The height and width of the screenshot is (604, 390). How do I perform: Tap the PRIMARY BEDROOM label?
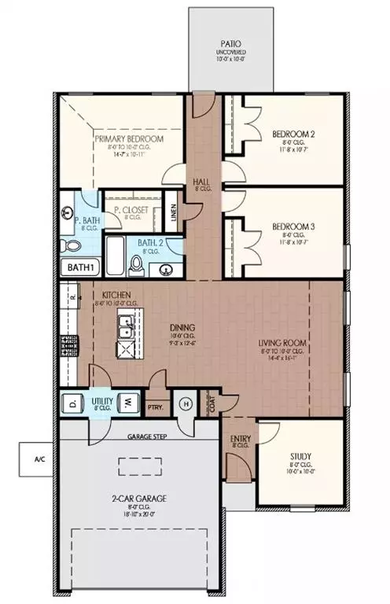coord(129,139)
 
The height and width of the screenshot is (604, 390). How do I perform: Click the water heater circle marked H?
coord(186,405)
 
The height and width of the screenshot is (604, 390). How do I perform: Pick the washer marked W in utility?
coord(126,405)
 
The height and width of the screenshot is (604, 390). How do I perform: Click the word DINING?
coord(180,328)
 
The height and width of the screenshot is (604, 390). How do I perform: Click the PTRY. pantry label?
coord(157,407)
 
